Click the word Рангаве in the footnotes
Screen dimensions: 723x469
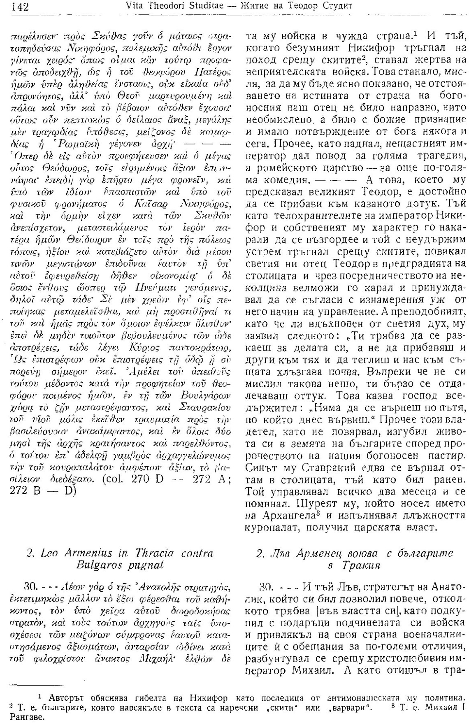pos(20,716)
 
